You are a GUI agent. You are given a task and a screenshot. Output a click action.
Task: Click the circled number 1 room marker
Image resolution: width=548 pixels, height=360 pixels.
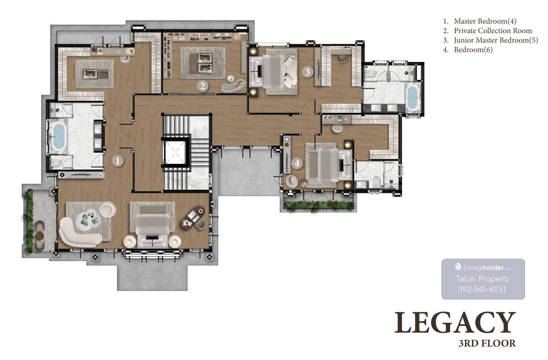118,161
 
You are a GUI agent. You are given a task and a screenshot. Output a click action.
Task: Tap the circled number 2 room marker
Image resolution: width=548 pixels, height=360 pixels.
203,86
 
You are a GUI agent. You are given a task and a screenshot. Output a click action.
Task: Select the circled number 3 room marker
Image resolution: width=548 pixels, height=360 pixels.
307,72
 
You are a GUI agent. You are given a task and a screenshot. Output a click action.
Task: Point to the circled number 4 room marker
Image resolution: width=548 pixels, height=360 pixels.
297,163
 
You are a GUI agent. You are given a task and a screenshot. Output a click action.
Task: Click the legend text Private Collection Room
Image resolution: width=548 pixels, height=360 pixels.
493,31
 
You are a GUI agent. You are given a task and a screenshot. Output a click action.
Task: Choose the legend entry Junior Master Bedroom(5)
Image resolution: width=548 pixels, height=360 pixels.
496,40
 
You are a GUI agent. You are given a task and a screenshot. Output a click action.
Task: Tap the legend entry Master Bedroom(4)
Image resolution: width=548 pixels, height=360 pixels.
485,21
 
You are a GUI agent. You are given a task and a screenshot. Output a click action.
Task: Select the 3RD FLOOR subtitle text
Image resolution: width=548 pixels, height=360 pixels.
487,343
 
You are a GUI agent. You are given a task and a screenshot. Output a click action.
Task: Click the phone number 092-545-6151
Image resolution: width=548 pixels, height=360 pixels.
482,290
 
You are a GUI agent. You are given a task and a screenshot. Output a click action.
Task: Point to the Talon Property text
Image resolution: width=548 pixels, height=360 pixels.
482,279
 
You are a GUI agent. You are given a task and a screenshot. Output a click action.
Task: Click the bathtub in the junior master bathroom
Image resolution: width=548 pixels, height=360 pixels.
413,98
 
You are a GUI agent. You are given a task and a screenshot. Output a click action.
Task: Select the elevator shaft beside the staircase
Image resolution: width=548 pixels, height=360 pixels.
175,153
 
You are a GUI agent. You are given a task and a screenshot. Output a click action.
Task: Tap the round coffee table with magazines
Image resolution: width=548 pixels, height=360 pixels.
89,218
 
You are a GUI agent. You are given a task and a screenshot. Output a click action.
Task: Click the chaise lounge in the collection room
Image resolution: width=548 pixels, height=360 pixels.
232,85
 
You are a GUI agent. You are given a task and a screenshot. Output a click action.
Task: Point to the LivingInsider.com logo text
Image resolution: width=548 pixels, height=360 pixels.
483,268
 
